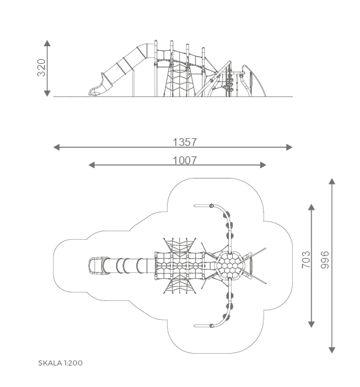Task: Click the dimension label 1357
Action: coord(185,142)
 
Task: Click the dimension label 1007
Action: coord(185,160)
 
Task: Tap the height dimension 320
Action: coord(42,68)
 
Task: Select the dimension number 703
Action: coord(306,260)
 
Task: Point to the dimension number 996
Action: coord(325,260)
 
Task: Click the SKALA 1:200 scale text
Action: coord(60,363)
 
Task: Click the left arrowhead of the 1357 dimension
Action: coord(57,147)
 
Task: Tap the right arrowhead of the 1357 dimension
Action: coord(290,147)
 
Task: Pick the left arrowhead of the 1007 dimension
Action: coord(92,165)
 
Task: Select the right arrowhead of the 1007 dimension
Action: coord(263,165)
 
